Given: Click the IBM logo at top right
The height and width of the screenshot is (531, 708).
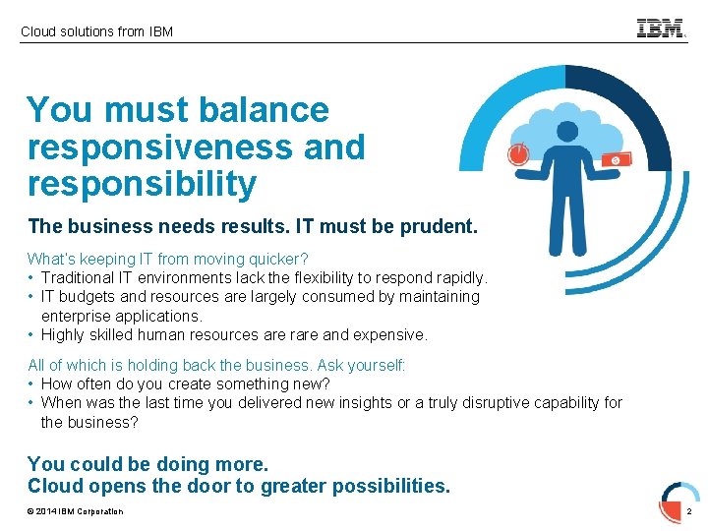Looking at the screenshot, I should click(x=661, y=29).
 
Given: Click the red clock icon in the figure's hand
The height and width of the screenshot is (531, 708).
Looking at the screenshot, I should click(x=518, y=154).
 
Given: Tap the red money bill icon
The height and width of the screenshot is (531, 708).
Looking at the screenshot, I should click(x=616, y=159).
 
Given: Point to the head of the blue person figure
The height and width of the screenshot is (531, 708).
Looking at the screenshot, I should click(x=567, y=131).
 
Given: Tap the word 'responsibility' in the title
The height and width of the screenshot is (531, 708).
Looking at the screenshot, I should click(x=143, y=184).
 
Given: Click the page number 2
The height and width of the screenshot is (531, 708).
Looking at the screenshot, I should click(x=689, y=511).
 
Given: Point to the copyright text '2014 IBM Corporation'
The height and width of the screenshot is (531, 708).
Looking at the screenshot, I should click(x=79, y=511).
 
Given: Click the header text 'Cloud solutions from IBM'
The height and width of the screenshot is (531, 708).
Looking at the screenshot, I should click(x=96, y=31).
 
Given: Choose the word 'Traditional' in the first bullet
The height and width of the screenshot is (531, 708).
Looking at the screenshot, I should click(x=80, y=277).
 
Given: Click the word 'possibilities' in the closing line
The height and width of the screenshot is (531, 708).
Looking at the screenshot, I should click(x=389, y=486).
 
